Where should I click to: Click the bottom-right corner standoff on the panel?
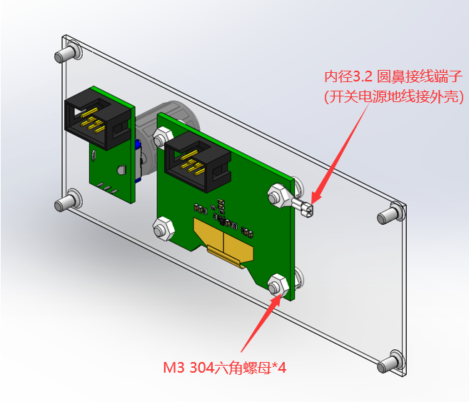click(x=393, y=361)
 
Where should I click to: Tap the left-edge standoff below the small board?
click(x=66, y=202)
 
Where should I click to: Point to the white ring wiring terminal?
click(x=304, y=208)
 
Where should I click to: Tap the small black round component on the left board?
click(x=121, y=170)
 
